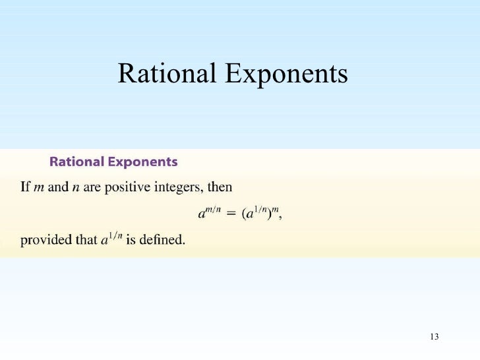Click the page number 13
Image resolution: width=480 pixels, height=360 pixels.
click(433, 337)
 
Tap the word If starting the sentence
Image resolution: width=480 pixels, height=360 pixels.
click(25, 187)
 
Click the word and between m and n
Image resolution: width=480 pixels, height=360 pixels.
click(58, 187)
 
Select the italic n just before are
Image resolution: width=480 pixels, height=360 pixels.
click(75, 187)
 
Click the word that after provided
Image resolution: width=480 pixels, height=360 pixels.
click(84, 240)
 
